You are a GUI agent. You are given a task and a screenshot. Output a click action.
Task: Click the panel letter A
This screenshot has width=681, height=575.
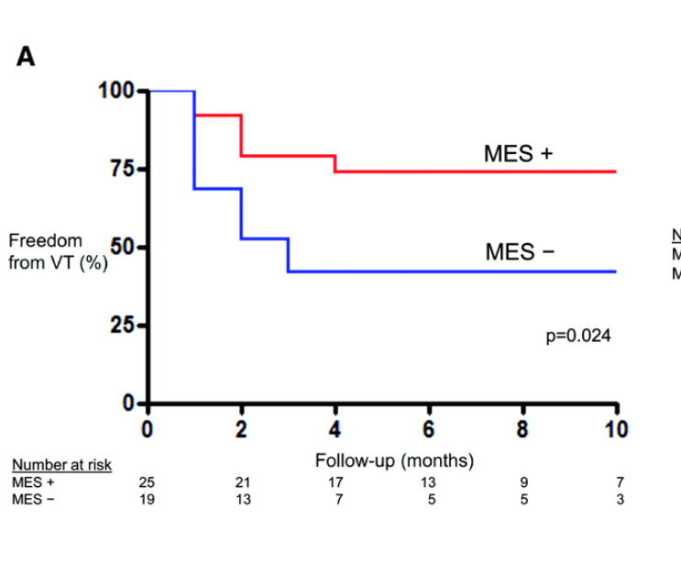pos(26,57)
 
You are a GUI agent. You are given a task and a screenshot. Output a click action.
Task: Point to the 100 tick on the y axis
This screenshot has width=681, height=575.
pos(116,91)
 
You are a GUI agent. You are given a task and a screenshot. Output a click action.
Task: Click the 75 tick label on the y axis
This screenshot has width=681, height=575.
pos(122,170)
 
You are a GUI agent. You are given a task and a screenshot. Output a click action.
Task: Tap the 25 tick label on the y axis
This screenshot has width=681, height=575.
pos(122,326)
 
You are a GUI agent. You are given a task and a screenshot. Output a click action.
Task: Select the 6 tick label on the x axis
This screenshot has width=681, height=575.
pos(429,429)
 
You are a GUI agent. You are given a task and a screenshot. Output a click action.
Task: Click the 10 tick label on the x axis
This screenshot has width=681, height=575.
pos(616,429)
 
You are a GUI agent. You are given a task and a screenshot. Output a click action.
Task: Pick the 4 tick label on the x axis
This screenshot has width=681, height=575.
pos(335,429)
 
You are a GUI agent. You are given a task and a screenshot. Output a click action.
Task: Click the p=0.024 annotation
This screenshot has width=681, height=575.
pos(578,337)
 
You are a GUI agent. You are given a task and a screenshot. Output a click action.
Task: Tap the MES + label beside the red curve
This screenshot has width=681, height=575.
pos(518,154)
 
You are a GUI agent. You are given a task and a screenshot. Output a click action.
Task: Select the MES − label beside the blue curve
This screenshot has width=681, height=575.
pos(520,251)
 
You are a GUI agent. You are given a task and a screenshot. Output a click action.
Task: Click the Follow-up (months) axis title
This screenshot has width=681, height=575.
pos(394,461)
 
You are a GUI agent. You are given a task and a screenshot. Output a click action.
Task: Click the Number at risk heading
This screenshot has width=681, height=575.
pos(61,465)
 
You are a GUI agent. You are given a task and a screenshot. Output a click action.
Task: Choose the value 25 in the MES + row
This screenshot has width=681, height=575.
pos(147,482)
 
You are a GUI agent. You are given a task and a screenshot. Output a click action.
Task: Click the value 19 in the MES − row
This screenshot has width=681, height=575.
pos(147,499)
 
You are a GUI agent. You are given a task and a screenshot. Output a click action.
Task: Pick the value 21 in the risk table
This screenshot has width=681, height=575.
pos(242,482)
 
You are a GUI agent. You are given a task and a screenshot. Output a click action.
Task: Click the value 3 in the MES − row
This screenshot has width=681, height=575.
pos(620,499)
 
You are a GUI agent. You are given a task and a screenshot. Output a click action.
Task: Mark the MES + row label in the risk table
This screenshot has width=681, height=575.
pos(33,482)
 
